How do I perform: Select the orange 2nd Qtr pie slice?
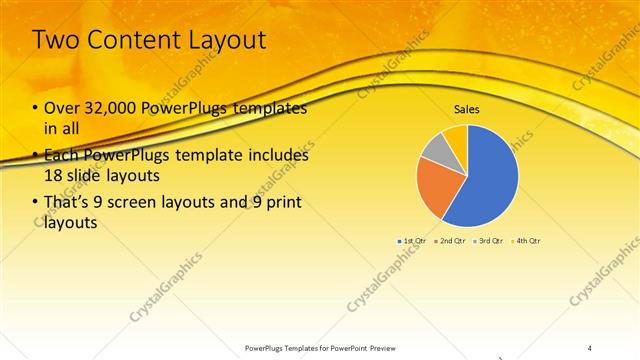click(437, 187)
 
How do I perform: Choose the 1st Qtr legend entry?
click(413, 241)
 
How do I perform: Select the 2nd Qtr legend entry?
click(450, 241)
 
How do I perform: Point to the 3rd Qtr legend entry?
click(488, 241)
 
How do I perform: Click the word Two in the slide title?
click(58, 40)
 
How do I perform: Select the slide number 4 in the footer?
click(590, 347)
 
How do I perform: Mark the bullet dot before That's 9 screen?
click(35, 205)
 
